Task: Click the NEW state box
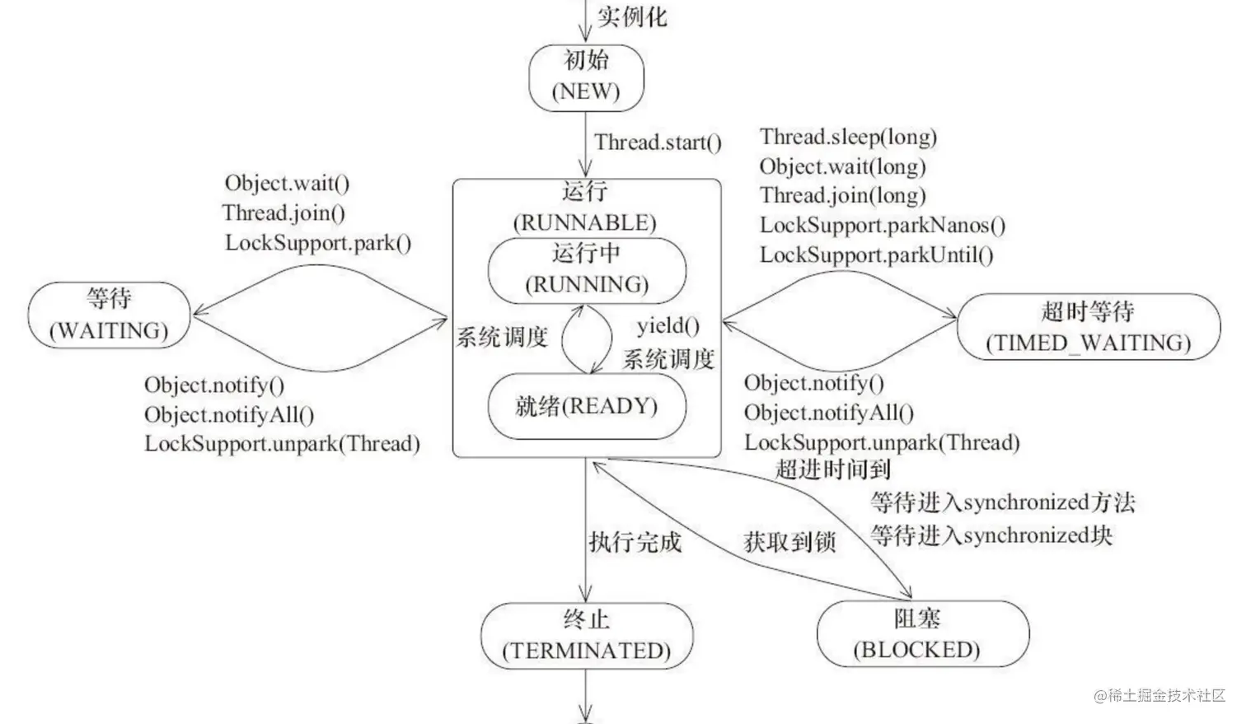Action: coord(586,77)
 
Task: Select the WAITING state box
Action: coord(109,315)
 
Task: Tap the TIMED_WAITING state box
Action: coord(1088,327)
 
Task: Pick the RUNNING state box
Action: coord(587,269)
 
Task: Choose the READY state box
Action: coord(587,406)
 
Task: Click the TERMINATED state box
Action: coord(587,635)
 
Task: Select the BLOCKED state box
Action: coord(923,634)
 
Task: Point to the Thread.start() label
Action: coord(658,142)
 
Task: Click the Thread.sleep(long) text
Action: coord(848,137)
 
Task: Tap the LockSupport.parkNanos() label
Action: coord(882,225)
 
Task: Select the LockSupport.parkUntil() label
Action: coord(876,255)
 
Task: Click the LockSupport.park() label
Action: coord(318,242)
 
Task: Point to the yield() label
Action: coord(667,326)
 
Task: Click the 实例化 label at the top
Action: coord(632,16)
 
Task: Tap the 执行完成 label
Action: coord(635,541)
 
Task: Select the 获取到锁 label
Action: coord(789,541)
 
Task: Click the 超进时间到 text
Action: coord(832,469)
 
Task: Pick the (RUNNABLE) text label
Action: coord(585,222)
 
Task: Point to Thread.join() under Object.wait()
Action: coord(283,213)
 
